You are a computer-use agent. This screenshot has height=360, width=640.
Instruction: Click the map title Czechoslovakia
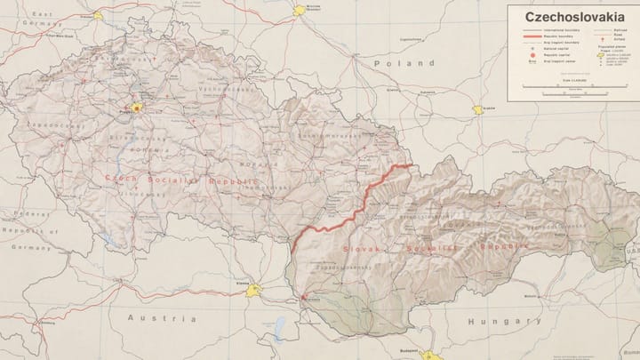click(x=573, y=15)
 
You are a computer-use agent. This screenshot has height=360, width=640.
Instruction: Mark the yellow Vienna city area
click(x=255, y=290)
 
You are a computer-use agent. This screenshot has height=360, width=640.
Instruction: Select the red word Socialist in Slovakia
click(x=432, y=249)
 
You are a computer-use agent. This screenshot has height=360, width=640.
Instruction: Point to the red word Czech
click(x=121, y=177)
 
